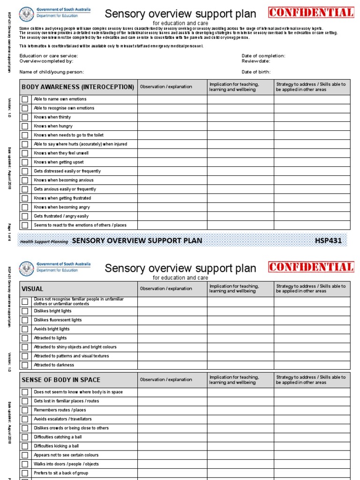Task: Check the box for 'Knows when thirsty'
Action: click(x=25, y=117)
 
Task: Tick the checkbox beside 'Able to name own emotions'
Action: click(x=25, y=99)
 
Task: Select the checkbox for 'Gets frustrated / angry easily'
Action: click(x=25, y=216)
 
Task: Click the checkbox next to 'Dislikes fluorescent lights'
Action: click(x=25, y=320)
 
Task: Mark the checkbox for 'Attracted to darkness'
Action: click(x=25, y=365)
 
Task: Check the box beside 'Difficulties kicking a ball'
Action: click(x=25, y=446)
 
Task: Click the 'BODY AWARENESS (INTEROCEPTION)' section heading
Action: click(x=78, y=87)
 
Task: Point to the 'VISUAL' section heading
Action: click(x=32, y=289)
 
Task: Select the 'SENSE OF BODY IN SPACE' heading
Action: click(x=60, y=380)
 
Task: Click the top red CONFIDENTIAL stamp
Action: click(x=311, y=13)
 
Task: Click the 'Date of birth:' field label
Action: click(x=256, y=72)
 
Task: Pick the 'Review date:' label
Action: click(x=256, y=61)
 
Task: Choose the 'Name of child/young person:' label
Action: click(x=52, y=72)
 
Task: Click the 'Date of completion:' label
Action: click(x=263, y=56)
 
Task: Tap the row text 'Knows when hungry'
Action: click(x=53, y=126)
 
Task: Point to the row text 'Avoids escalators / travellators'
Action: click(x=63, y=419)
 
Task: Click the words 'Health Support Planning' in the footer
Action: click(x=44, y=242)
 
